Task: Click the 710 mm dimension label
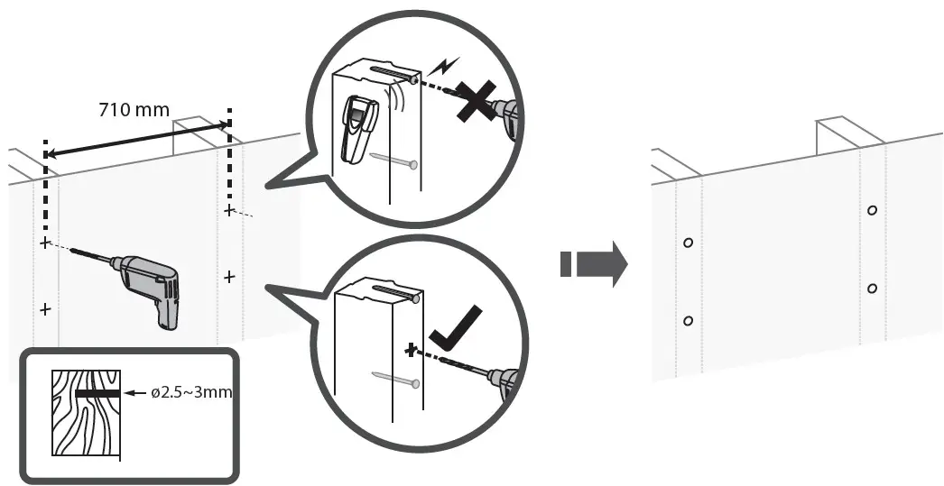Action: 134,110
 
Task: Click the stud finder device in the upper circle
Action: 359,129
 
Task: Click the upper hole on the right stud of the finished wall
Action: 871,210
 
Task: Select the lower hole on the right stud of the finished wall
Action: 872,289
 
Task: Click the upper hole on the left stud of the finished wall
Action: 688,243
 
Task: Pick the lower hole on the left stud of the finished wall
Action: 688,321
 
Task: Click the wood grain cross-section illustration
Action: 85,413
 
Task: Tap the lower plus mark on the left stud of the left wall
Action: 45,309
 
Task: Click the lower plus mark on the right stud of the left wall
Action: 229,277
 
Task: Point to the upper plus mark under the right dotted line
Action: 229,210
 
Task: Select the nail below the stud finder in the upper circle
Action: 393,161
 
